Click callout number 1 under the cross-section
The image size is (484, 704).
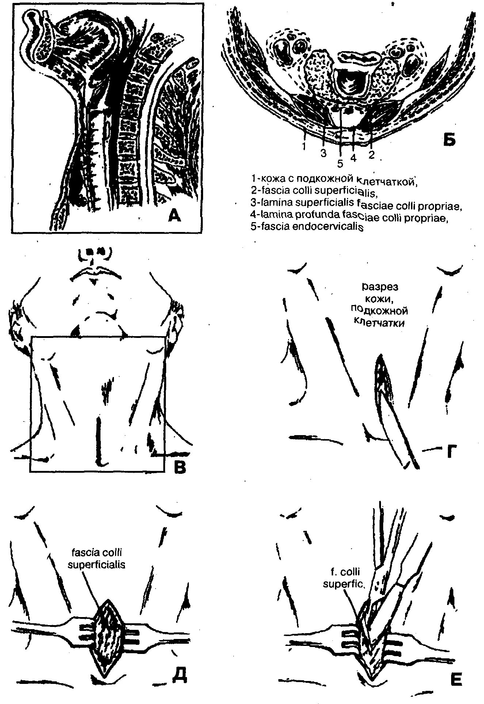(304, 146)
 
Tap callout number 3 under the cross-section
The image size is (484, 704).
(323, 153)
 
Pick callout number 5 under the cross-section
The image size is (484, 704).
(340, 164)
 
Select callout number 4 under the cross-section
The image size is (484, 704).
(353, 158)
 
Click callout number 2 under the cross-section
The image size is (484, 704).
(371, 155)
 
